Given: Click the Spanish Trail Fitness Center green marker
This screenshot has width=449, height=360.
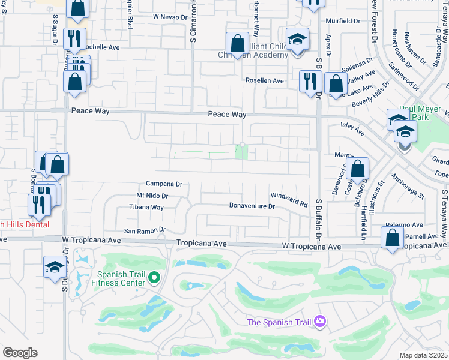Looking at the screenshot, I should (154, 278).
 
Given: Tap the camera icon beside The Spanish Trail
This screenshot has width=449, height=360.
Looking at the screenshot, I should (319, 322).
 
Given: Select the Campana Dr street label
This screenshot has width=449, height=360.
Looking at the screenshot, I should (164, 184).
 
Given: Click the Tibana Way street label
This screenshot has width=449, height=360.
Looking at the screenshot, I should (146, 208).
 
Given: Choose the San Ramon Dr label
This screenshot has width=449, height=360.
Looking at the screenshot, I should (144, 230).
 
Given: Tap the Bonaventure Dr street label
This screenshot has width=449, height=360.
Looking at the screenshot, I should (252, 206).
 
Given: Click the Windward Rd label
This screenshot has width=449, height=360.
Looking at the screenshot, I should (289, 196).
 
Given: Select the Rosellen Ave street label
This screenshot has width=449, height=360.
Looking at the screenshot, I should (264, 80).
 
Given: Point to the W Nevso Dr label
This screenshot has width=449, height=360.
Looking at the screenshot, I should (171, 17).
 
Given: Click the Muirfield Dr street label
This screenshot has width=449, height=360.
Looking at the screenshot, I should (342, 20).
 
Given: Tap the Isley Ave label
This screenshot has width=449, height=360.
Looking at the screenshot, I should (353, 129).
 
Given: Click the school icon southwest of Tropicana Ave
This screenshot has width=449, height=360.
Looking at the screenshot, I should (55, 266).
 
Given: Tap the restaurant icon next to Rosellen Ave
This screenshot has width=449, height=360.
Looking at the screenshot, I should (309, 81).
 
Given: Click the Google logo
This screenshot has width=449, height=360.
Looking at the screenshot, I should (20, 353).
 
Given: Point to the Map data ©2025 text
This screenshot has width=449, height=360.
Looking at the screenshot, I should (424, 355).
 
